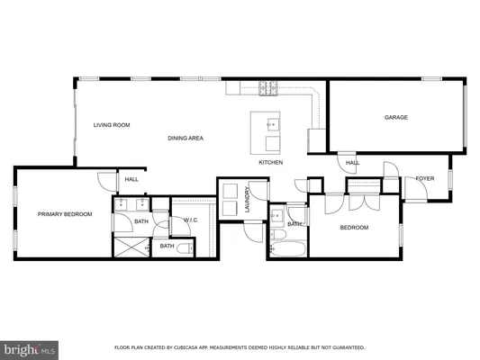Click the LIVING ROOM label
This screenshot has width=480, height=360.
113,125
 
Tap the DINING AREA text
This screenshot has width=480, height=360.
185,138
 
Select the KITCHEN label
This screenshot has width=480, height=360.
271,163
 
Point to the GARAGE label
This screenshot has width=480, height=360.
396,117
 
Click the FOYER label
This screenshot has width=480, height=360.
426,179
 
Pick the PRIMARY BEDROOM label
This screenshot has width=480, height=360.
65,214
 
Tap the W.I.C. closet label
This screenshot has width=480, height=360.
191,220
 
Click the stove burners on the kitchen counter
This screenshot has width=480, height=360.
268,87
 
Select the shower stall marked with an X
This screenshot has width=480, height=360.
131,246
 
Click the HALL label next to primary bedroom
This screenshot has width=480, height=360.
131,180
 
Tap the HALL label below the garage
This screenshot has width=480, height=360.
353,163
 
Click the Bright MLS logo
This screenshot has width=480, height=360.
28,347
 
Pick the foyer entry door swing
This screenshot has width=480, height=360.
393,171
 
